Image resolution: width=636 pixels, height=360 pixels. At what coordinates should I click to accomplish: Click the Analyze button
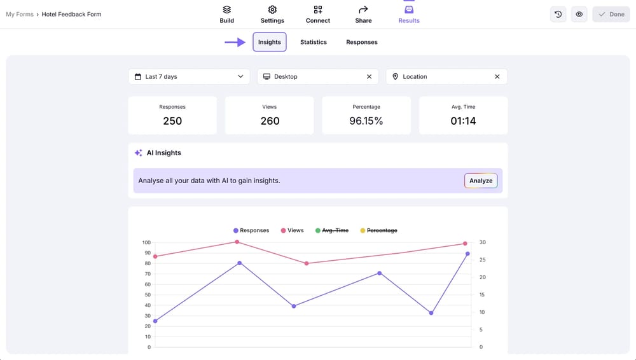pos(481,181)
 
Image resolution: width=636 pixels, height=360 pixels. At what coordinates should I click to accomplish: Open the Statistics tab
pos(314,42)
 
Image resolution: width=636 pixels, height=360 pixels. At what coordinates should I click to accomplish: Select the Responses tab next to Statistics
pos(362,42)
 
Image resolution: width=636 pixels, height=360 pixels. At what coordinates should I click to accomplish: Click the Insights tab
pos(270,42)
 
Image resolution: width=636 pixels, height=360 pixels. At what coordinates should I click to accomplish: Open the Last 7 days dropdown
pos(189,76)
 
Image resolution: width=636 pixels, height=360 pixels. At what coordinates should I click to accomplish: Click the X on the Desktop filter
pos(369,76)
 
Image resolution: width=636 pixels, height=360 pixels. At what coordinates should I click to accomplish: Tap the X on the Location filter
pos(497,76)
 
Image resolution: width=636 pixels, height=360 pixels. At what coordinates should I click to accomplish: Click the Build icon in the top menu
pos(227,10)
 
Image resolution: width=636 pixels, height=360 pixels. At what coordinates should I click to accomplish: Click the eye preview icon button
pos(579,14)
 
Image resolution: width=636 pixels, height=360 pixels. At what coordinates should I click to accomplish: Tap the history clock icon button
pos(558,14)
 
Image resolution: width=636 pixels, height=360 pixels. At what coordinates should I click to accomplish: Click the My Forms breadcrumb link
pos(20,14)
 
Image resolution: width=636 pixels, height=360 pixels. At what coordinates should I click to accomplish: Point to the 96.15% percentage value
pos(366,121)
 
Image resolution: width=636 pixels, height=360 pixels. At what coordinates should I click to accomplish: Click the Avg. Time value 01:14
pos(463,121)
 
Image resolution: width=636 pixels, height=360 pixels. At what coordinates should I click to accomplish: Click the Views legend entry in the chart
pos(292,230)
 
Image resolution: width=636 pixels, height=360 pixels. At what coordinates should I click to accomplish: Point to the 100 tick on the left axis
pos(146,242)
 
